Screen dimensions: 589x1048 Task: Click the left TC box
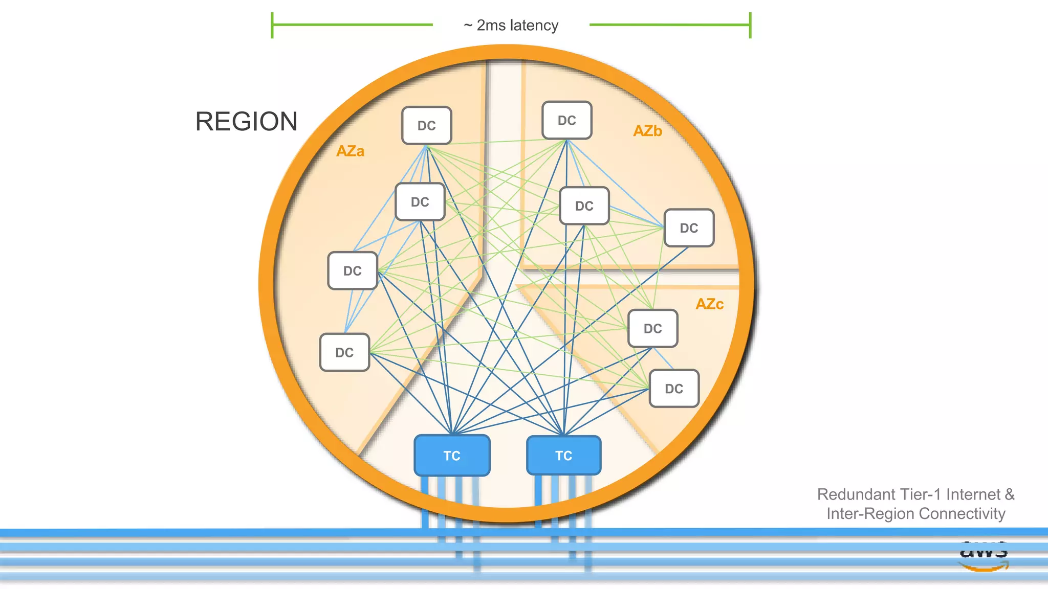pos(452,455)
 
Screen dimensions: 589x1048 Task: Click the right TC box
pos(563,455)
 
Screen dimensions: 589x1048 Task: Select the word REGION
pos(246,122)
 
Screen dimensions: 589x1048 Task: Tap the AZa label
pos(350,151)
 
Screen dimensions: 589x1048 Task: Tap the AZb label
pos(647,131)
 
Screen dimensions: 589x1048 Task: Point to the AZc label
pos(709,304)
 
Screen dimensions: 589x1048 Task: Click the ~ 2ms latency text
pos(511,25)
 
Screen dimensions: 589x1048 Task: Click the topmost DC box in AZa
pos(426,125)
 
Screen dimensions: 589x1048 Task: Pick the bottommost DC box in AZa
pos(344,352)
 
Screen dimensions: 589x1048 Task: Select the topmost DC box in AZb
pos(566,120)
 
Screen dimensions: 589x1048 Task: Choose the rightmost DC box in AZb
pos(689,228)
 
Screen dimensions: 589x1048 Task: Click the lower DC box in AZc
pos(673,389)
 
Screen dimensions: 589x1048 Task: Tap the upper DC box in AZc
pos(652,328)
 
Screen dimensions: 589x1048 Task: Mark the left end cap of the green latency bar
pos(272,25)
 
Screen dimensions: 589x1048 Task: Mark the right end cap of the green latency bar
pos(750,25)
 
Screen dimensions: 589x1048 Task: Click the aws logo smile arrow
pos(983,567)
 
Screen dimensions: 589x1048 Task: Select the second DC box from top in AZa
pos(420,202)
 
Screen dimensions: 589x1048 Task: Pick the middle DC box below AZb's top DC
pos(584,206)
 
